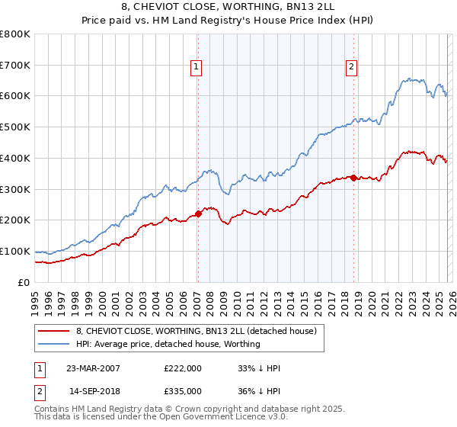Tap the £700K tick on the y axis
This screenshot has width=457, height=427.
pyautogui.click(x=15, y=65)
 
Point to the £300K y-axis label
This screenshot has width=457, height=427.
pyautogui.click(x=15, y=189)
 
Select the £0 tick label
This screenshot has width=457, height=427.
pyautogui.click(x=24, y=282)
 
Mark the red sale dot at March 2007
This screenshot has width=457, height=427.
pyautogui.click(x=198, y=213)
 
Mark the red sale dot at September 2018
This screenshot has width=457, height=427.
pyautogui.click(x=354, y=178)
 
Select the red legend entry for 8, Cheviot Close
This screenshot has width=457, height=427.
pyautogui.click(x=198, y=331)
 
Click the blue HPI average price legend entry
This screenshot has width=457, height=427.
pyautogui.click(x=168, y=344)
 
